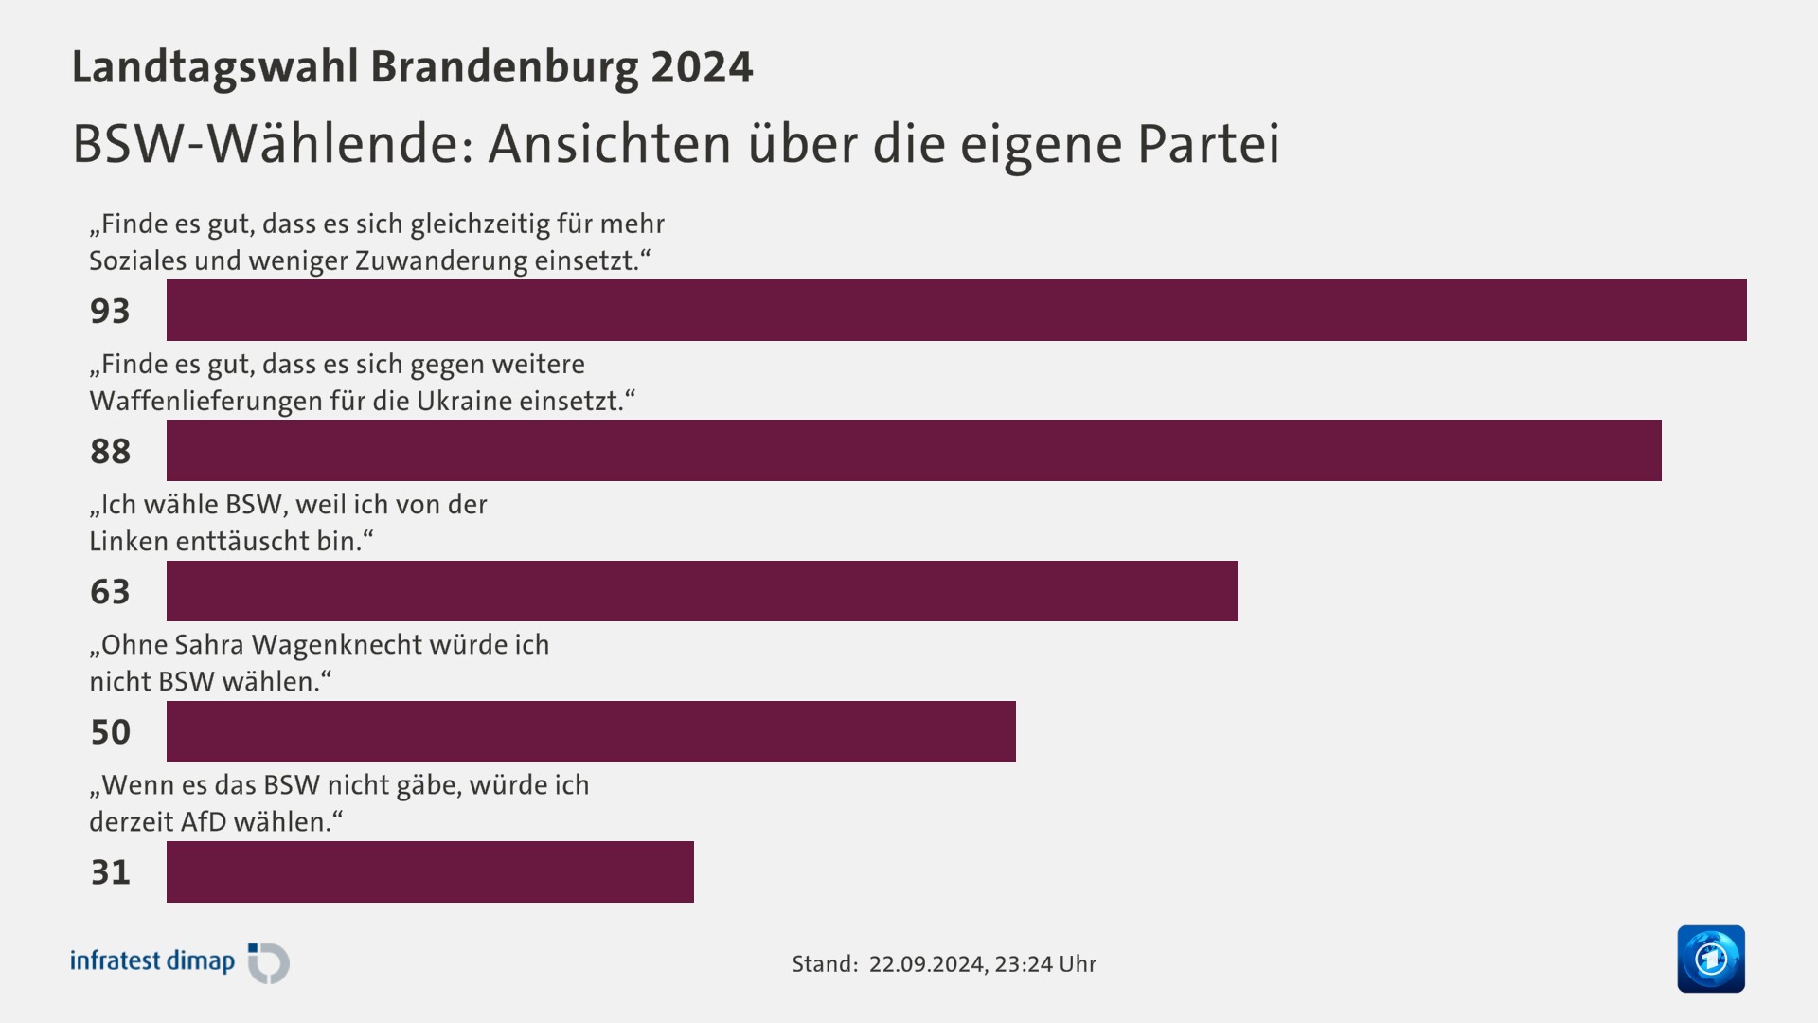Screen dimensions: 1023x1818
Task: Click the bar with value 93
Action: [x=956, y=310]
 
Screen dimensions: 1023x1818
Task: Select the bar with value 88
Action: [x=914, y=450]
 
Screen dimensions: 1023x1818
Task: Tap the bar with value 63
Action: [x=702, y=590]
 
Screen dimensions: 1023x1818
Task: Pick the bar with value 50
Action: [x=591, y=730]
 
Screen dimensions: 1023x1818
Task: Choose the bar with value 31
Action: [x=430, y=871]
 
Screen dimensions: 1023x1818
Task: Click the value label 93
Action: [x=110, y=311]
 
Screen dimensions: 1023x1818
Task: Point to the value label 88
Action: [x=110, y=451]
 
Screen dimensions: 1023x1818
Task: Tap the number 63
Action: [x=110, y=591]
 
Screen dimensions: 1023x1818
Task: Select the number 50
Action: [x=110, y=731]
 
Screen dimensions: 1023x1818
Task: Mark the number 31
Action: [x=110, y=871]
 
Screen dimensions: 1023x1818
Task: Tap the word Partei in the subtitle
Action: [x=1208, y=144]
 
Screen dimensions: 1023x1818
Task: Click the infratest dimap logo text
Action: [x=152, y=961]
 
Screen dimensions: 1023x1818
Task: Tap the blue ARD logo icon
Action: [x=1711, y=959]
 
